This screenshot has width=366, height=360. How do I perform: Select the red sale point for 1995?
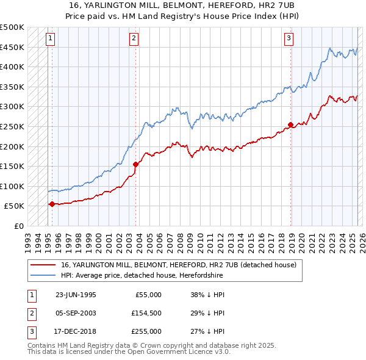(52, 204)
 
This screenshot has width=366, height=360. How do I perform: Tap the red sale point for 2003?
(135, 164)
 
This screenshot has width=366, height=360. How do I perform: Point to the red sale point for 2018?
(290, 124)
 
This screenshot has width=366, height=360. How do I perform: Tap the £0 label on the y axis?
(18, 226)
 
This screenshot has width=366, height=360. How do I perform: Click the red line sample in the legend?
(43, 265)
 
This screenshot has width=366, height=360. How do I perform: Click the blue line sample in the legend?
(43, 276)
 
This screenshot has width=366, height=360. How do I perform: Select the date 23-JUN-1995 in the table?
(76, 295)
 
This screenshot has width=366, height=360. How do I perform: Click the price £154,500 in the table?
(147, 313)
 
